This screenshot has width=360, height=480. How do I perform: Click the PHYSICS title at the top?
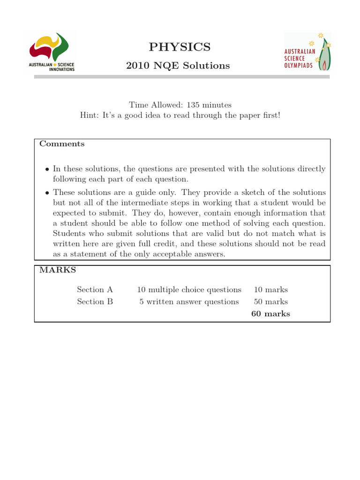pyautogui.click(x=180, y=47)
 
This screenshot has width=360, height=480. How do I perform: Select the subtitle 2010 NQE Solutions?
pyautogui.click(x=178, y=66)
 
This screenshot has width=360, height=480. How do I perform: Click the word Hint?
pyautogui.click(x=90, y=116)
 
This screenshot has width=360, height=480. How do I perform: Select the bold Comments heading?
pyautogui.click(x=62, y=144)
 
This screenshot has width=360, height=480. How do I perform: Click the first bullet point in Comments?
pyautogui.click(x=47, y=169)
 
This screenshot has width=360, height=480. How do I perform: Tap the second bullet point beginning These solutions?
pyautogui.click(x=47, y=193)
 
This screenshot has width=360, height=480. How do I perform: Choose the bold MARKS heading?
pyautogui.click(x=58, y=270)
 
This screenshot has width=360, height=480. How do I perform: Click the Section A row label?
pyautogui.click(x=95, y=290)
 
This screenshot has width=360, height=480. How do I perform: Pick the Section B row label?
pyautogui.click(x=95, y=302)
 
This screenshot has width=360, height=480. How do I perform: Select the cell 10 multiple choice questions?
pyautogui.click(x=189, y=290)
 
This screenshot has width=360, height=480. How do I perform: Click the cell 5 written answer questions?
pyautogui.click(x=189, y=302)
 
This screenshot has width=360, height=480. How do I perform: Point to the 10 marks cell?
pyautogui.click(x=270, y=290)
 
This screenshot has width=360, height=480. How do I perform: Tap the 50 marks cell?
pyautogui.click(x=270, y=302)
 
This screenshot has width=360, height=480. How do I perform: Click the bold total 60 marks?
pyautogui.click(x=270, y=314)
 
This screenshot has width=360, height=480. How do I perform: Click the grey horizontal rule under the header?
pyautogui.click(x=182, y=76)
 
